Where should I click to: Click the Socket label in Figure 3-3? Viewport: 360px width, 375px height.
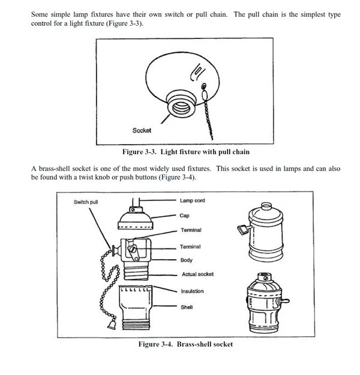(142, 130)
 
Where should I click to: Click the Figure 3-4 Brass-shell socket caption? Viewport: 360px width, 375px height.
(185, 344)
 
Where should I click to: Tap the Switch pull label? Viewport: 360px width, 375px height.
(86, 202)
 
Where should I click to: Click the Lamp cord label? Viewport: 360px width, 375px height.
(192, 200)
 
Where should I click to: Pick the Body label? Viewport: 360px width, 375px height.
(186, 260)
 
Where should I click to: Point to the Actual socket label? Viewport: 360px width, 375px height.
(197, 275)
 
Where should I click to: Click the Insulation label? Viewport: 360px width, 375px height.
(192, 292)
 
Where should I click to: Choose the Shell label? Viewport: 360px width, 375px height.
(187, 307)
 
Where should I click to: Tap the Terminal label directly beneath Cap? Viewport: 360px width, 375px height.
(191, 230)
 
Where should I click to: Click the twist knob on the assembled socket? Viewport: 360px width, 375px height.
(242, 228)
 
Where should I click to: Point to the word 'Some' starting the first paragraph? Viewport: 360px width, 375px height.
(40, 14)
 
